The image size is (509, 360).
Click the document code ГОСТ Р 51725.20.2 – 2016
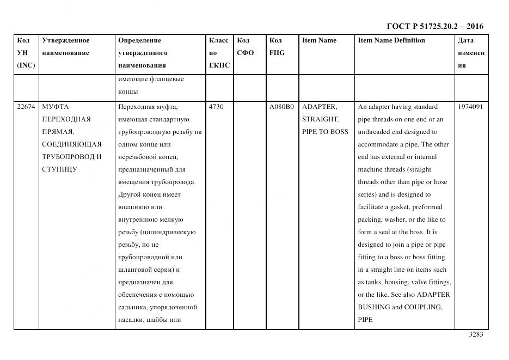pos(434,26)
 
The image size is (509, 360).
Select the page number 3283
pos(476,334)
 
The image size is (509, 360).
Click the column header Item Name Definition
pos(391,40)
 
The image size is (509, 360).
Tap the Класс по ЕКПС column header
pos(219,53)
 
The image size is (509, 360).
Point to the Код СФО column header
pos(245,47)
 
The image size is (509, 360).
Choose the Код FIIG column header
pos(277,47)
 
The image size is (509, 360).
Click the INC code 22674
pos(26,107)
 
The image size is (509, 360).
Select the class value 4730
pos(216,107)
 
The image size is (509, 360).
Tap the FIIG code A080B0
pos(281,107)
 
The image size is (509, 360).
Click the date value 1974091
pos(470,107)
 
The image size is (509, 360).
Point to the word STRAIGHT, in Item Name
pos(321,119)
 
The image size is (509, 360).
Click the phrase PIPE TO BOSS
pos(324,132)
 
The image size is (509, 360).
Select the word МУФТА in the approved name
pos(55,107)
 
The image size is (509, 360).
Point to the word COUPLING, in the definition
pos(423,307)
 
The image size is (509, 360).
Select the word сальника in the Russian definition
pos(132,307)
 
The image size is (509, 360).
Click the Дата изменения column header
pos(471,53)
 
